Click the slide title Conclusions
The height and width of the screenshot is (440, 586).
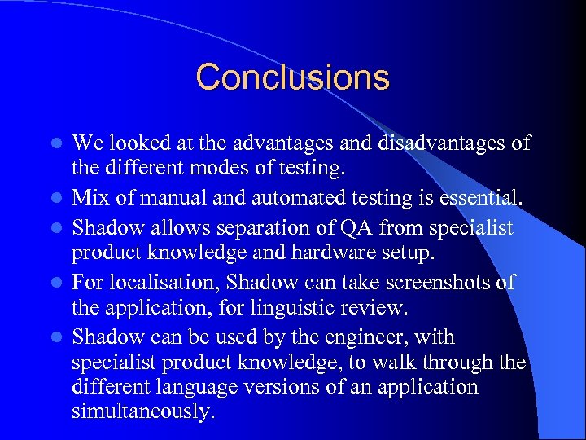[292, 77]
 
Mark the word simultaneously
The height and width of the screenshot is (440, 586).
[143, 412]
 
